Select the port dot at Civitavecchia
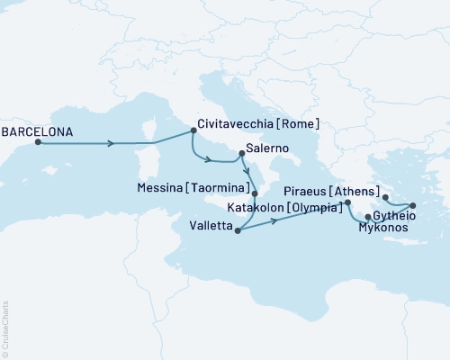pyautogui.click(x=193, y=131)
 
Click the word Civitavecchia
pyautogui.click(x=238, y=124)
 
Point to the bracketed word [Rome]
pyautogui.click(x=301, y=124)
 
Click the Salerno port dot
pyautogui.click(x=241, y=153)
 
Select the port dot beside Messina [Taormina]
pyautogui.click(x=255, y=193)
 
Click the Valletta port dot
pyautogui.click(x=238, y=231)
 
